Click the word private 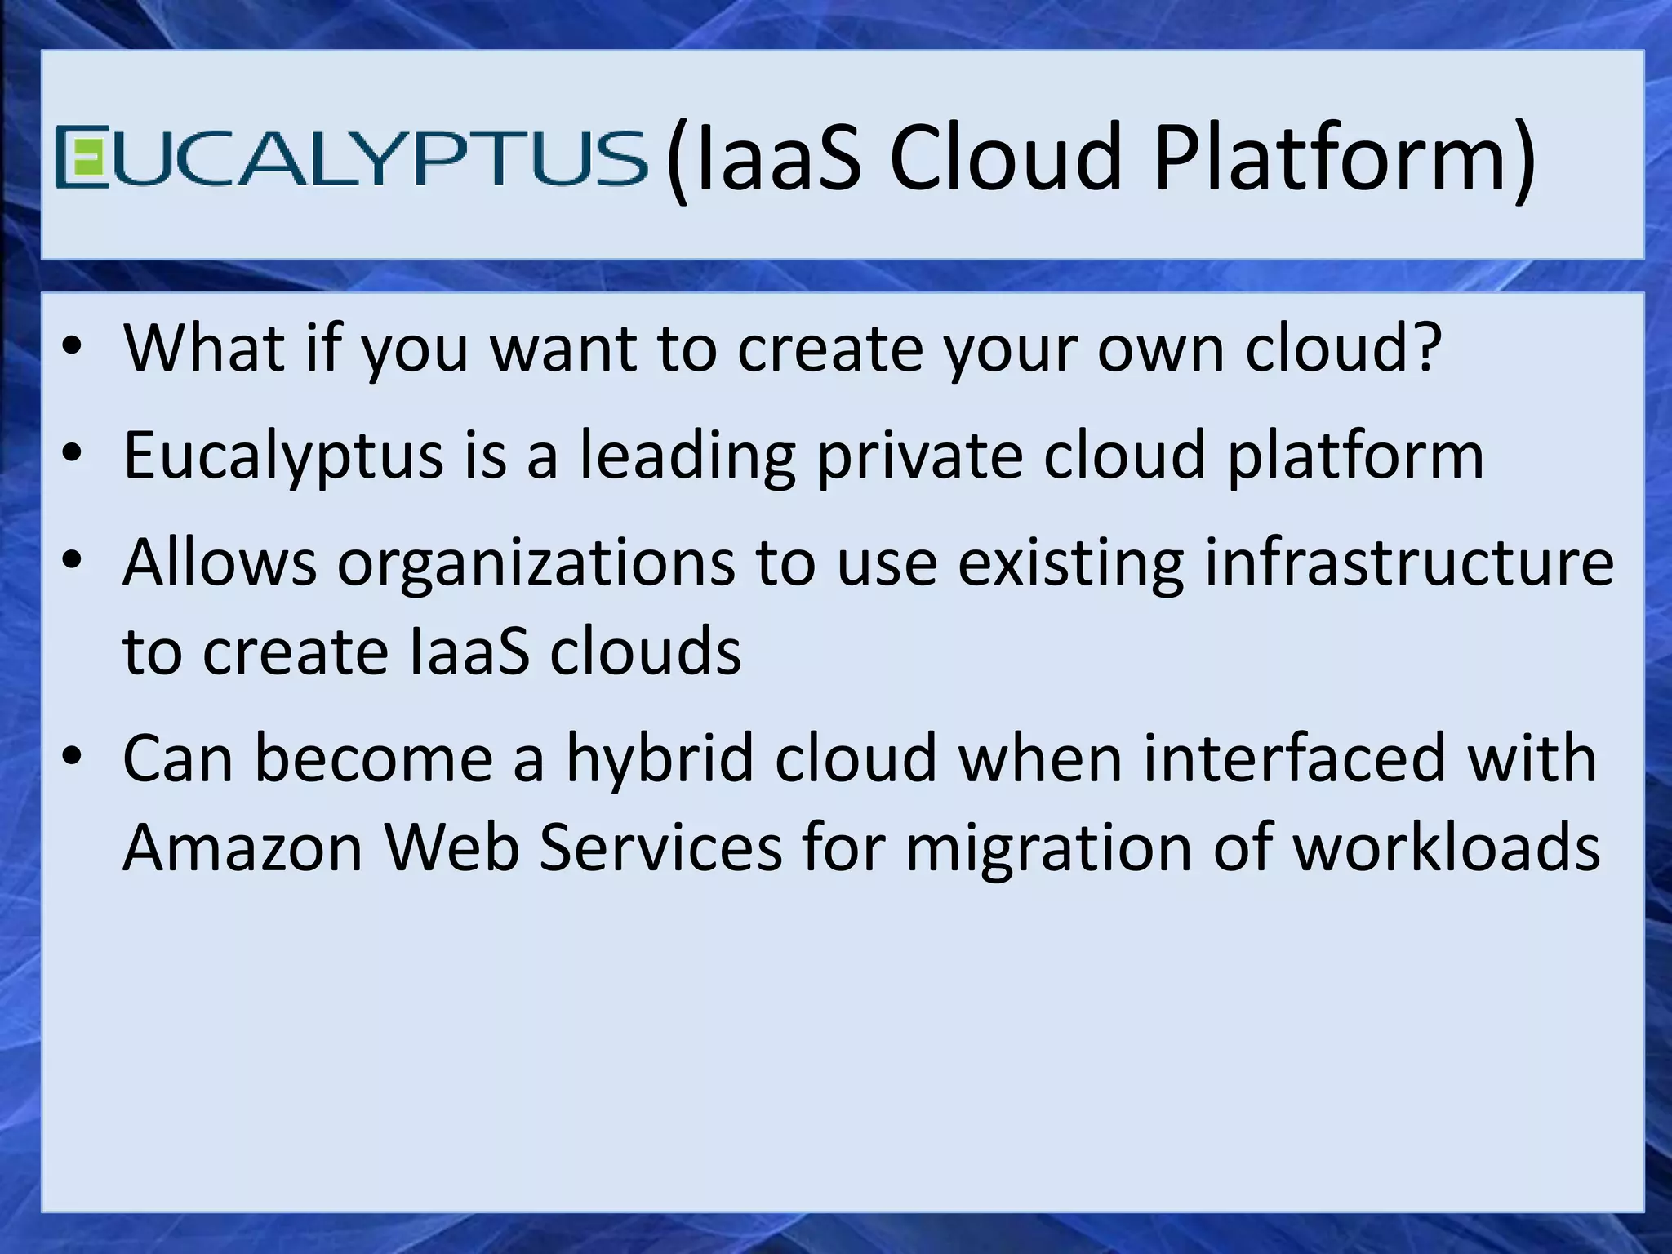[919, 456]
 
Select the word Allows [220, 563]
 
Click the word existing [1070, 564]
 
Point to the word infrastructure [1409, 563]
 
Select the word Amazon [242, 847]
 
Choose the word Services [660, 847]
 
